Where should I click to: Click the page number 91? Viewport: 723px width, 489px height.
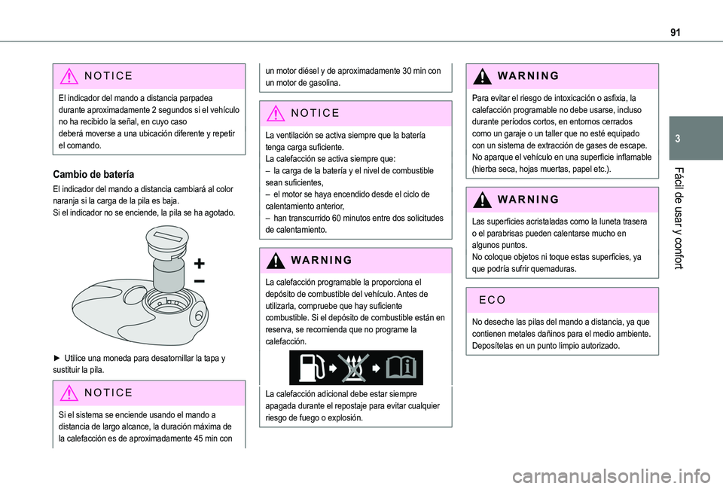coord(675,32)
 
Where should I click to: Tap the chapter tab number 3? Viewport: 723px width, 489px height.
coord(677,139)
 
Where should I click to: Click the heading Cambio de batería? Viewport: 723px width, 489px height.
coord(93,174)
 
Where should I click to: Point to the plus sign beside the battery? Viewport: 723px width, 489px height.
coord(199,264)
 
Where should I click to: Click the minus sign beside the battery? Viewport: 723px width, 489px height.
coord(199,280)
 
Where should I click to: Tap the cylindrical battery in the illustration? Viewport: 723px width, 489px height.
coord(169,276)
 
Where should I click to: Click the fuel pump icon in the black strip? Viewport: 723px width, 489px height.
coord(310,368)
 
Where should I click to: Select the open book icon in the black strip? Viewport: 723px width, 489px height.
coord(401,368)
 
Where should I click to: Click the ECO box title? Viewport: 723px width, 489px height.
coord(493,300)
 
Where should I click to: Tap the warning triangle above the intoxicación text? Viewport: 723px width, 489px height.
coord(482,75)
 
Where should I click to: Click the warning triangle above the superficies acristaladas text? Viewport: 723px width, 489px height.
coord(482,199)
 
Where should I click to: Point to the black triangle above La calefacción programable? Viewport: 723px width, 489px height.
coord(276,260)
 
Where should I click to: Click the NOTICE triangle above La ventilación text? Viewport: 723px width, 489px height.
coord(276,113)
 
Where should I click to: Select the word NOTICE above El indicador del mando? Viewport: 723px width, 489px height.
coord(108,75)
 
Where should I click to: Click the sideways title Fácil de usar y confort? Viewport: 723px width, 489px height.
coord(679,219)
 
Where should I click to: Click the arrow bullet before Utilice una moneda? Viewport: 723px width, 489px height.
coord(56,358)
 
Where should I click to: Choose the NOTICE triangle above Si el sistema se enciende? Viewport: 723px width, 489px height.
coord(69,393)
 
